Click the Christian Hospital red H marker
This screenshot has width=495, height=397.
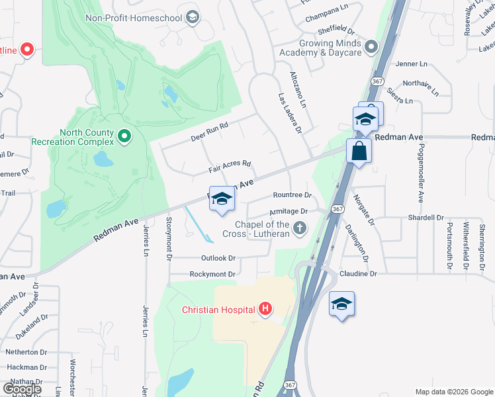(265, 308)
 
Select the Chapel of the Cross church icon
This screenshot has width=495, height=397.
(300, 228)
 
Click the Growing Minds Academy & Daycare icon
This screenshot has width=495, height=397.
(371, 47)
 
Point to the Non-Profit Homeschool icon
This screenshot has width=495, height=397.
(193, 17)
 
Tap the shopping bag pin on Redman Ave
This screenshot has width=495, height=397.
(358, 150)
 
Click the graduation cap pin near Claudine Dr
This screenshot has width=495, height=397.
(341, 304)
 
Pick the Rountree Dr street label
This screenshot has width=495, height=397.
(292, 195)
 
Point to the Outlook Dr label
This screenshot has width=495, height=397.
(218, 258)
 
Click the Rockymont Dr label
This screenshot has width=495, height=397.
(212, 274)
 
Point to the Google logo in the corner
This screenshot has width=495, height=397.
(22, 389)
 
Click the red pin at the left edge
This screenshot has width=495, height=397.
(27, 50)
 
